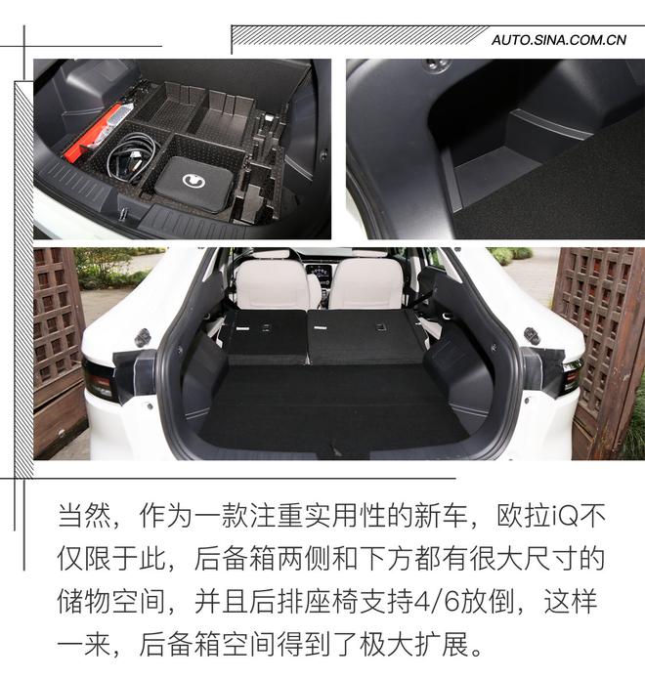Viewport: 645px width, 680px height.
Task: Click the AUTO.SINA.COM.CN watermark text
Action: point(559,40)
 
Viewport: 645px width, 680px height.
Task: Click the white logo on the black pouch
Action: point(194,182)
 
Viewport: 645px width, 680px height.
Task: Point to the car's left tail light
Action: point(100,378)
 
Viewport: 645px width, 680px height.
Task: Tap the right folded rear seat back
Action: point(364,336)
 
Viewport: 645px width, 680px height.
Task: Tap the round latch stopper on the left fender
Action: point(143,337)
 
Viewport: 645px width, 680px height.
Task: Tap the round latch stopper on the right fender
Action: point(531,335)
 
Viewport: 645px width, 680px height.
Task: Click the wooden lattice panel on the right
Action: point(598,322)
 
